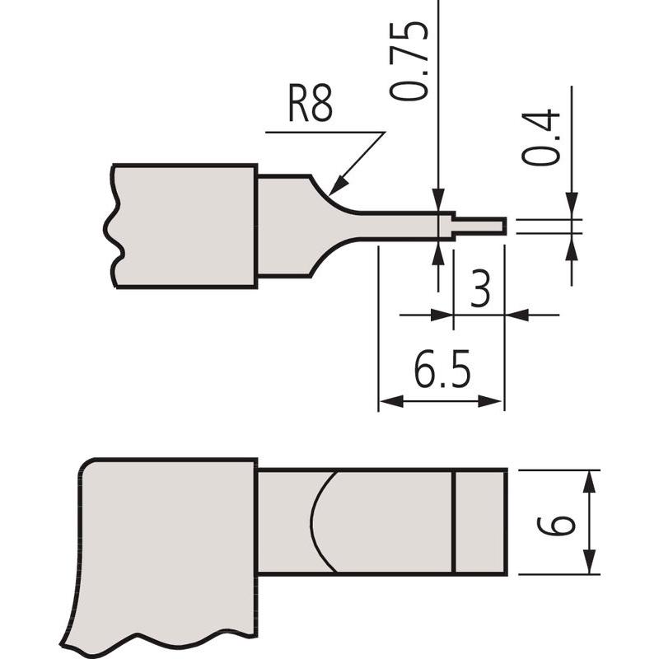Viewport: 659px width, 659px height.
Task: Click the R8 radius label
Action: [x=310, y=107]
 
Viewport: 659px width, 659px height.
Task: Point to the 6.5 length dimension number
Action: [x=442, y=372]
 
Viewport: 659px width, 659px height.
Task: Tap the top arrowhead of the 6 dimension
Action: [x=588, y=480]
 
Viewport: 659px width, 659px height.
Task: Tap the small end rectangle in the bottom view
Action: [x=479, y=521]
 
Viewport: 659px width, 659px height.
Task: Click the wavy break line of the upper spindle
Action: [x=110, y=227]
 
